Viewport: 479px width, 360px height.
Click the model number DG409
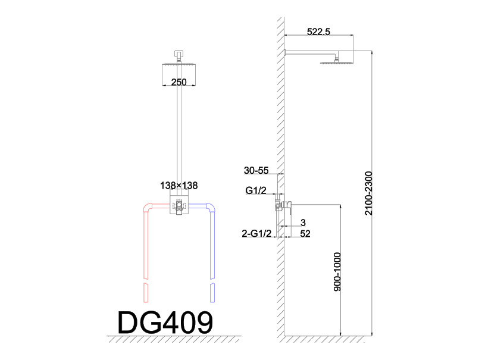point(165,322)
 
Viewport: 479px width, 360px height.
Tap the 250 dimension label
point(179,82)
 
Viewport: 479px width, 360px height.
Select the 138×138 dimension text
point(179,186)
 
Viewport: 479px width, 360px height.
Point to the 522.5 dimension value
point(318,32)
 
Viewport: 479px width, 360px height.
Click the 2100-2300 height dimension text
point(369,193)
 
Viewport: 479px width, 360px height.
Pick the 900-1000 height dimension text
point(337,272)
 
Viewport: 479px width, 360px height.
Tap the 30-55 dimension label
point(256,170)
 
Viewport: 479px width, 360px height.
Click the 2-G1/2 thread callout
point(256,233)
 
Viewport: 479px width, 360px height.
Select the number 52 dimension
point(305,234)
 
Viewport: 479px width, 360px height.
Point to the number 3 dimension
point(303,223)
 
